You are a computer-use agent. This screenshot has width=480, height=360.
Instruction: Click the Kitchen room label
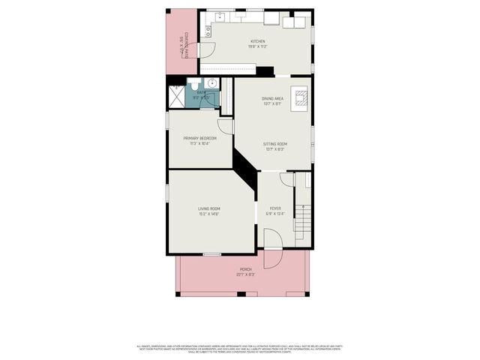click(x=258, y=43)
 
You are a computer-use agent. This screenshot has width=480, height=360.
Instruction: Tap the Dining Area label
click(x=272, y=100)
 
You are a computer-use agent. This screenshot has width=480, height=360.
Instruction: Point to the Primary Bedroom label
click(x=200, y=140)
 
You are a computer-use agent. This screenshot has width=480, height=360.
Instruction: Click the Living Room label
click(x=208, y=211)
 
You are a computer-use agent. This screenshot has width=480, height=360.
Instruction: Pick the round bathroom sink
click(x=212, y=83)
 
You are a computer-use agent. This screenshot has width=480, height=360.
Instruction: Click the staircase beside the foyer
click(x=301, y=217)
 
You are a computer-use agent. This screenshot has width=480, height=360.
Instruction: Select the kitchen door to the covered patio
click(x=206, y=49)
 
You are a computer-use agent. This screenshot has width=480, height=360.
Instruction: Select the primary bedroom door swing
click(x=226, y=127)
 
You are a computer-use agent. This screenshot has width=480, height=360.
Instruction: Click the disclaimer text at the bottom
click(x=240, y=348)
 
